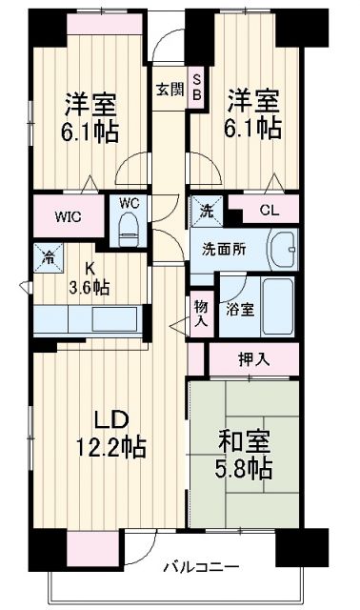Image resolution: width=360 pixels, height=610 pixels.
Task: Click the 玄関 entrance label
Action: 170,91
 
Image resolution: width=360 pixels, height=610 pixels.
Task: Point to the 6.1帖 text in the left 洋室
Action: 90,132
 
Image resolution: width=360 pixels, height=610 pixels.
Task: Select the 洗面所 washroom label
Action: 225,249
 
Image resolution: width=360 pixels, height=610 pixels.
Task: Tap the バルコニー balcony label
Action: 199,566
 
